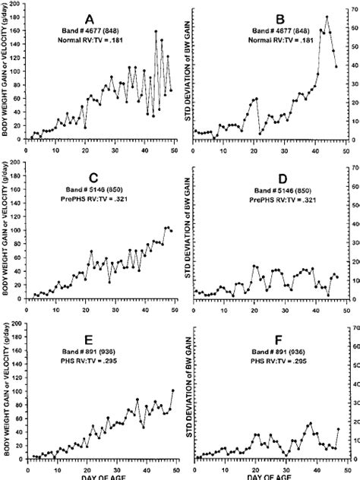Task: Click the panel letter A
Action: (x=90, y=17)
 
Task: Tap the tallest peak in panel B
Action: (x=327, y=17)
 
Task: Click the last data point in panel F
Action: (x=338, y=429)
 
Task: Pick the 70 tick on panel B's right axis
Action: (x=352, y=6)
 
